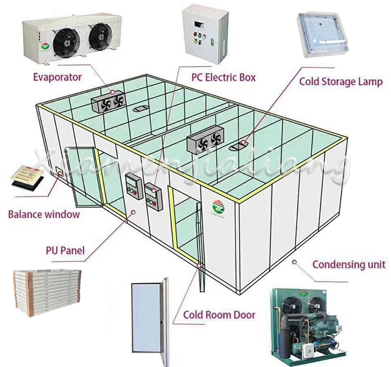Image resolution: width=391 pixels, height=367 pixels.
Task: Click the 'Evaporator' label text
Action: [x=58, y=77]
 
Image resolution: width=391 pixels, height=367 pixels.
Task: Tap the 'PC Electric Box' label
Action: [x=224, y=78]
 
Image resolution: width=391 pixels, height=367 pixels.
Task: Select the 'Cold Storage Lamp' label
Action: [x=340, y=82]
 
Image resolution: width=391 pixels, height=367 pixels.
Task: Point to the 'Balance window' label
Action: [x=44, y=214]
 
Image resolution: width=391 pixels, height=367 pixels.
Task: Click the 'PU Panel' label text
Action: [x=65, y=251]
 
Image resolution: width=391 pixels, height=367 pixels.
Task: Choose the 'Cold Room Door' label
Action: [x=219, y=315]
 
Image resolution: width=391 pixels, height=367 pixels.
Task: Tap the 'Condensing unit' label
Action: [x=349, y=265]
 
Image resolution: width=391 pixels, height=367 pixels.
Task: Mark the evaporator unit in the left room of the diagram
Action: [x=109, y=102]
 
